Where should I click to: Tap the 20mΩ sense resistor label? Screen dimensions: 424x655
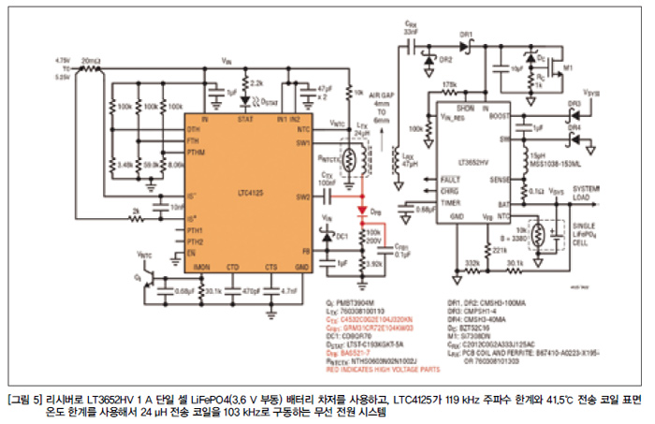pyautogui.click(x=90, y=59)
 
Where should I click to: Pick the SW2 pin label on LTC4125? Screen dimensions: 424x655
pyautogui.click(x=302, y=197)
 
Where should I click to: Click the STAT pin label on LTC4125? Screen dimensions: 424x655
pyautogui.click(x=246, y=120)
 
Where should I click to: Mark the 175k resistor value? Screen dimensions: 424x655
pyautogui.click(x=450, y=85)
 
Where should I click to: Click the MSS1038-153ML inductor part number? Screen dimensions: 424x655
pyautogui.click(x=553, y=161)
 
